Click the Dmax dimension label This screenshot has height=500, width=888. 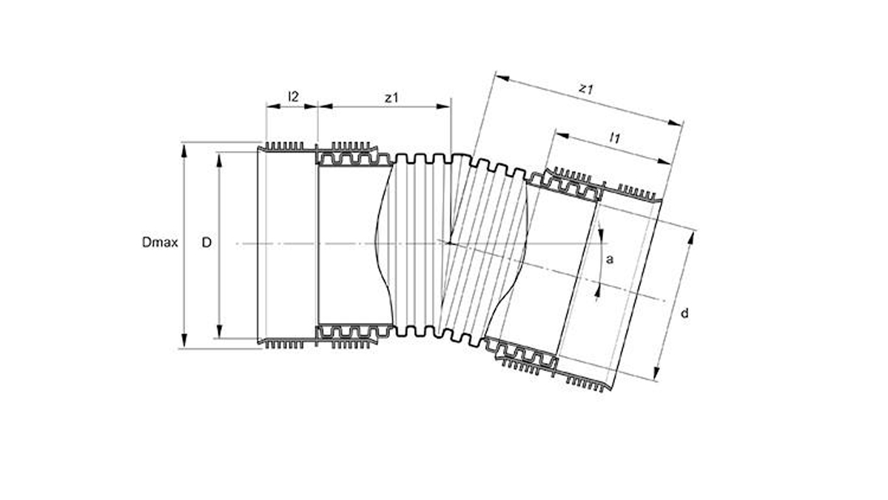(x=160, y=242)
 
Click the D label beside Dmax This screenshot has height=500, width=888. (x=206, y=242)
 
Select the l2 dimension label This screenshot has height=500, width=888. (x=293, y=96)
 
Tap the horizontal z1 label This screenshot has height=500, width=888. (x=391, y=98)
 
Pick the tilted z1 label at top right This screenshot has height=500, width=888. (x=585, y=89)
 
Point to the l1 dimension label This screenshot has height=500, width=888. (x=614, y=138)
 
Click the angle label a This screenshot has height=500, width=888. (x=610, y=259)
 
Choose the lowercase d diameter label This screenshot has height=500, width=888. (x=684, y=313)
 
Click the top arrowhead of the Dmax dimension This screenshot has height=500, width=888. (x=184, y=150)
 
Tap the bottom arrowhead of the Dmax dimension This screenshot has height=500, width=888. (x=184, y=341)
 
